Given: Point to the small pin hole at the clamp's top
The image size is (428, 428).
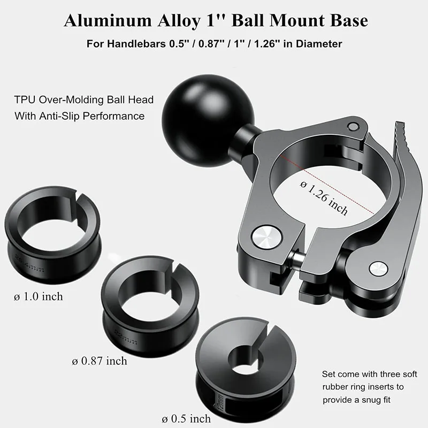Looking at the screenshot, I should (x=351, y=125).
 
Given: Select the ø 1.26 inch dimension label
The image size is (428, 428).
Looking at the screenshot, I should (x=324, y=196).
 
